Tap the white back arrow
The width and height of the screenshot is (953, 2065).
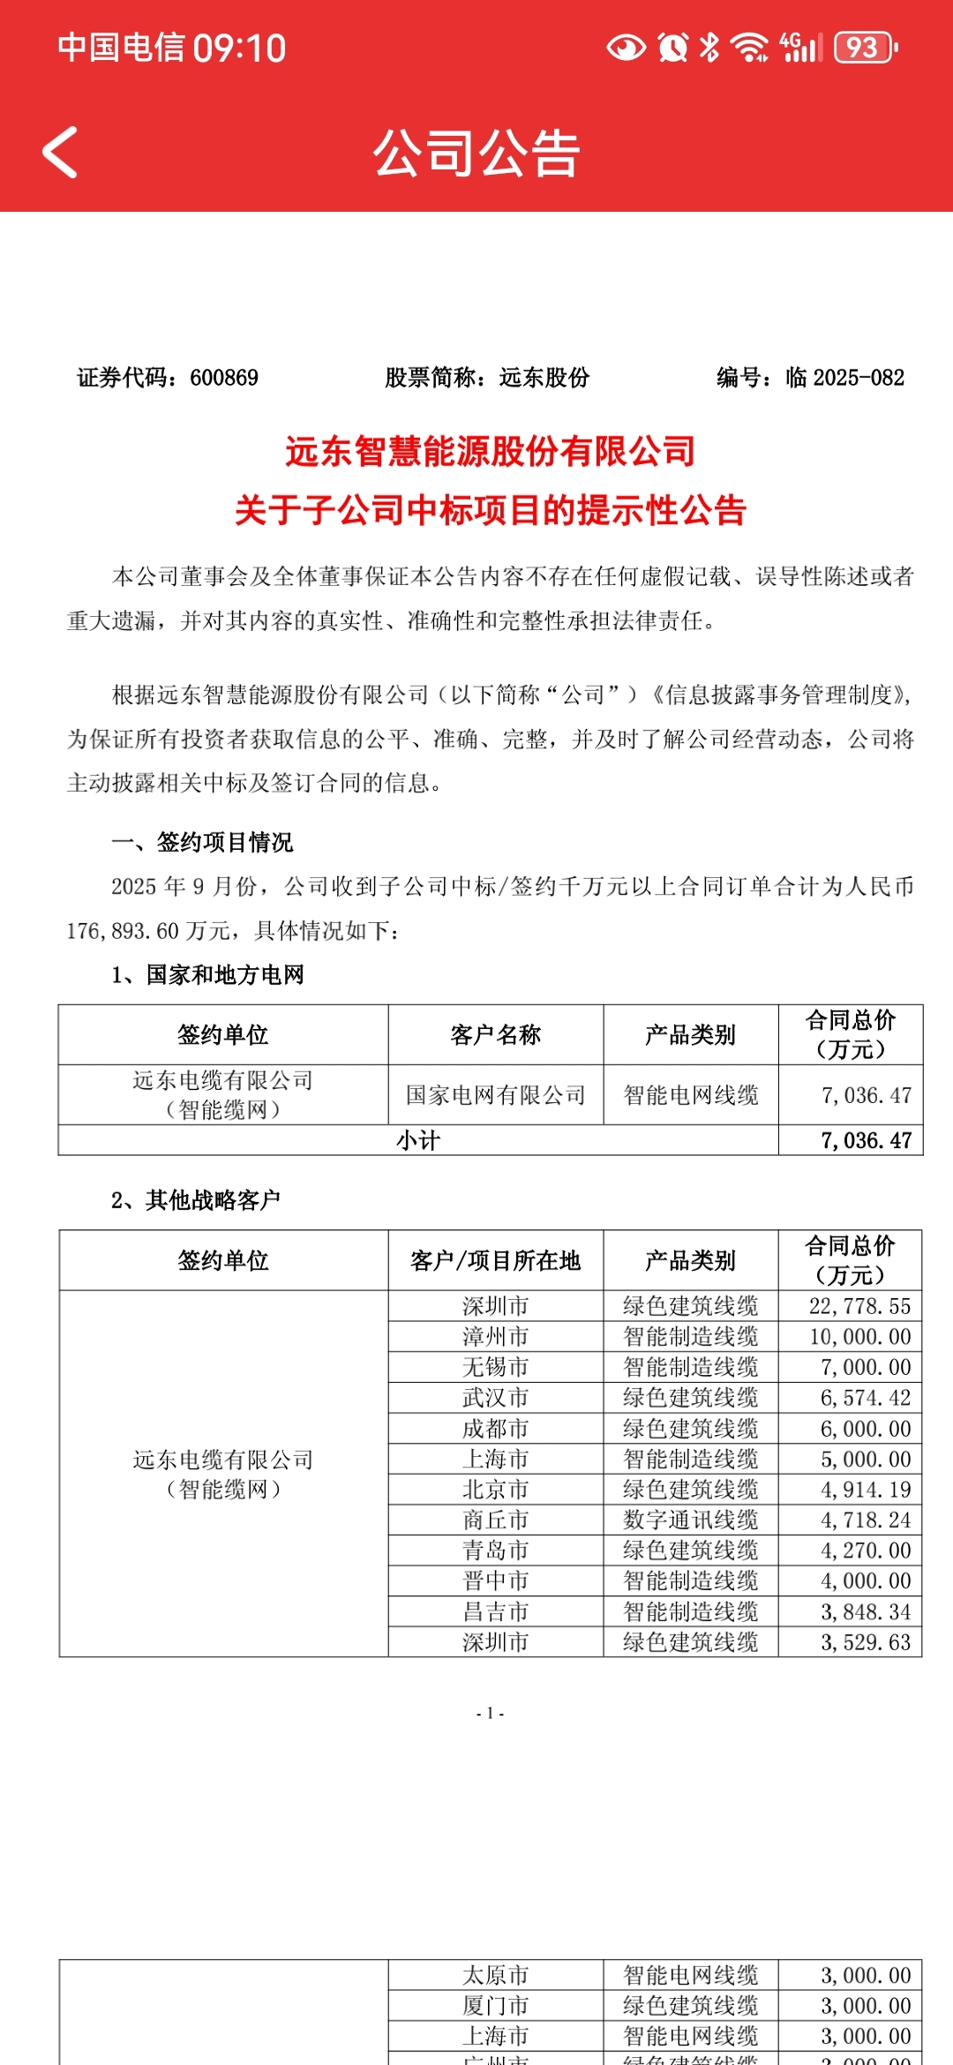(60, 153)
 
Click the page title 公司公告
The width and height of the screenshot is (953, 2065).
(476, 154)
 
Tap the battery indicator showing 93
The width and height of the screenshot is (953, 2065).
(864, 48)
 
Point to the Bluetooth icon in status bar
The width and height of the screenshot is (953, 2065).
(709, 48)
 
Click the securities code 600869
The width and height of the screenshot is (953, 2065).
(224, 378)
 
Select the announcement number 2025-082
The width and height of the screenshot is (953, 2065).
(858, 378)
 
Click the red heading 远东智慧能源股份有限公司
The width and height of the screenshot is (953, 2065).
(491, 451)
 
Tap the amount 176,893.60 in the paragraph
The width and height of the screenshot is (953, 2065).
(123, 931)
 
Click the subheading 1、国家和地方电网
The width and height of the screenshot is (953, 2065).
(208, 974)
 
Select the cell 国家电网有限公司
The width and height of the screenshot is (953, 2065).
(496, 1095)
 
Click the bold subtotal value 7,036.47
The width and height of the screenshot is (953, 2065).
(866, 1140)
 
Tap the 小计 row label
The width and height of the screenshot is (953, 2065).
(418, 1140)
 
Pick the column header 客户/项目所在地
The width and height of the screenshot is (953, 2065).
(496, 1260)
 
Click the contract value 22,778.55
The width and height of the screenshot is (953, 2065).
(859, 1306)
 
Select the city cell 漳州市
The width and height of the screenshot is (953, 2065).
(496, 1336)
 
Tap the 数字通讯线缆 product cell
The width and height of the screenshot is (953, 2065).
(691, 1520)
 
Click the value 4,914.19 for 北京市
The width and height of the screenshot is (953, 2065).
(865, 1490)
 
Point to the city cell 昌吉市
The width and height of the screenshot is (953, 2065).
(496, 1611)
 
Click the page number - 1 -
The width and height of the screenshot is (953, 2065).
(490, 1713)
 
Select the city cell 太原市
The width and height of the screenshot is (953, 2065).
(496, 1975)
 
